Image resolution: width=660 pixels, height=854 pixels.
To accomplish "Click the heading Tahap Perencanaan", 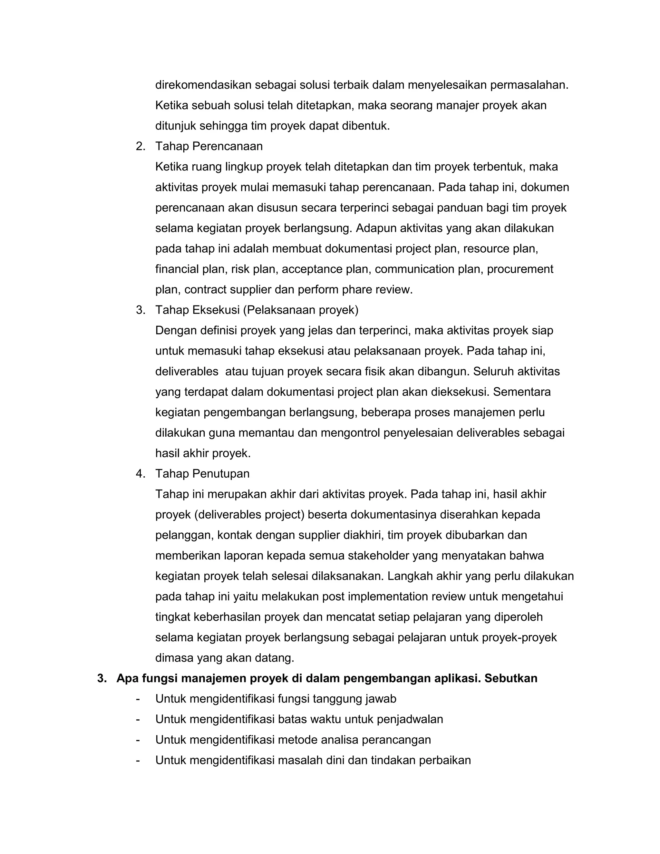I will click(209, 146).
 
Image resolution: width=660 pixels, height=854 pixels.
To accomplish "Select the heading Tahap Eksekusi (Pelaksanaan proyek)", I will click(257, 310).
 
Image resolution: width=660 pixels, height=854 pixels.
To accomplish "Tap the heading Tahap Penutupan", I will click(202, 473).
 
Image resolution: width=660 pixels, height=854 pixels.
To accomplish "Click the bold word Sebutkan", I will click(511, 678).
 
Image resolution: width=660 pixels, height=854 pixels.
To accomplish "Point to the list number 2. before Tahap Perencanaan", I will click(141, 146).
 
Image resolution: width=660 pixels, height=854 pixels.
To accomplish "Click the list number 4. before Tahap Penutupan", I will click(141, 473).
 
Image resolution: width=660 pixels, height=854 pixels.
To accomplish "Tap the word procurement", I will click(520, 269).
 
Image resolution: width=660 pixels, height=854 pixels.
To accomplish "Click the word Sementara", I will click(522, 392).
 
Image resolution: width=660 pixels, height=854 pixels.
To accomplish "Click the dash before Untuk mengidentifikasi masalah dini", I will click(138, 760).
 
